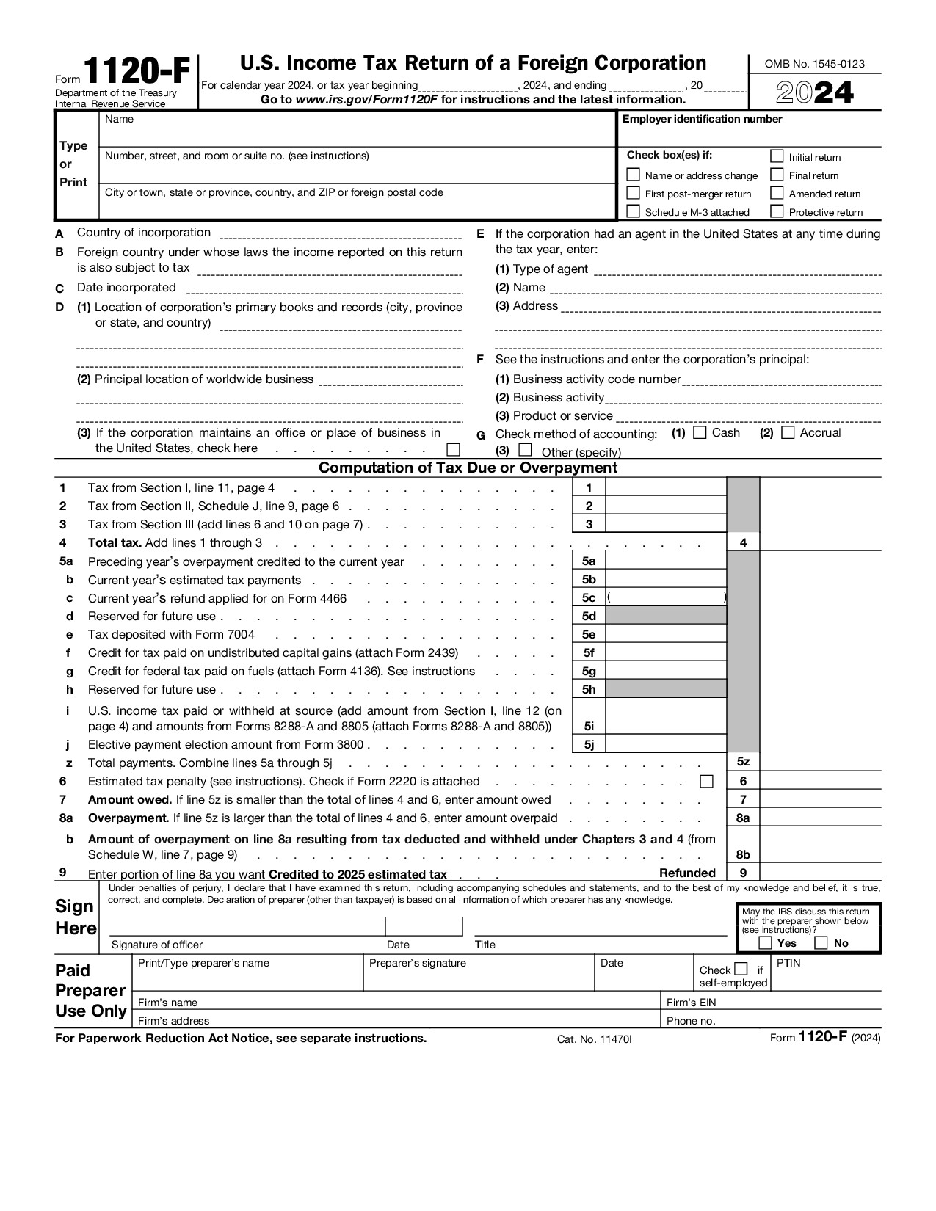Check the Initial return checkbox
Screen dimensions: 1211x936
click(777, 156)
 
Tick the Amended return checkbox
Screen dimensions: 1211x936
click(777, 193)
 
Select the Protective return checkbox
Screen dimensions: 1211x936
click(777, 211)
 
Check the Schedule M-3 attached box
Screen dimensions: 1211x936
click(633, 211)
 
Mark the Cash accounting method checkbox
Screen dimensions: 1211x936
click(700, 432)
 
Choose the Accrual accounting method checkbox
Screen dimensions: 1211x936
click(788, 432)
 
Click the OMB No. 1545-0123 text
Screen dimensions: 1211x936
click(814, 64)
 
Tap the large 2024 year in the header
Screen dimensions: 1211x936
click(815, 93)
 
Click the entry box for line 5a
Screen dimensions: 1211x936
click(665, 561)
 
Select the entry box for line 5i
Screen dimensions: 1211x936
click(665, 716)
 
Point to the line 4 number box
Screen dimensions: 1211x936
click(743, 543)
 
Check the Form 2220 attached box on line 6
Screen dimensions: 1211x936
click(706, 781)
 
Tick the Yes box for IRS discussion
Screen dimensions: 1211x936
click(765, 943)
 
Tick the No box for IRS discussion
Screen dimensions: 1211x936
click(821, 943)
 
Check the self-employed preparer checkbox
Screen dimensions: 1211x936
click(741, 969)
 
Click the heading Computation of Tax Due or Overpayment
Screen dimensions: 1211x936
click(468, 468)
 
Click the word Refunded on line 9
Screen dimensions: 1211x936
click(687, 873)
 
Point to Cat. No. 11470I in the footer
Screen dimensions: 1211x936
click(594, 1039)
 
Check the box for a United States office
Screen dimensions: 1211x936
click(454, 449)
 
